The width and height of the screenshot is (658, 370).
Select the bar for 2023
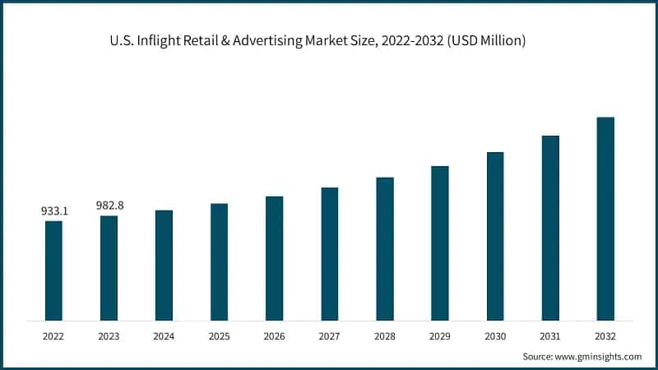point(109,267)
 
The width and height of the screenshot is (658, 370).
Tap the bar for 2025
point(219,261)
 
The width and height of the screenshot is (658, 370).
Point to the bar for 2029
point(440,243)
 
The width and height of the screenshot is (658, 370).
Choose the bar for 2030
point(495,236)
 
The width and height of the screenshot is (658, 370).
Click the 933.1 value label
point(54,211)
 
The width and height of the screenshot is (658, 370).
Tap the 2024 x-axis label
point(164,336)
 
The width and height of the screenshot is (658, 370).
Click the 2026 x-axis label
point(275,336)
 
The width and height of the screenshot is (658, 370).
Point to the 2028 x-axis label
point(385,336)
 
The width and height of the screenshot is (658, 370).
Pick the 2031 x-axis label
point(550,336)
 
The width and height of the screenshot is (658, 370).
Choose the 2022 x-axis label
point(53,336)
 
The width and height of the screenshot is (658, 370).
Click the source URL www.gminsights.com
point(597,357)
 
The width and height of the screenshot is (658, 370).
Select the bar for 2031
point(550,228)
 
